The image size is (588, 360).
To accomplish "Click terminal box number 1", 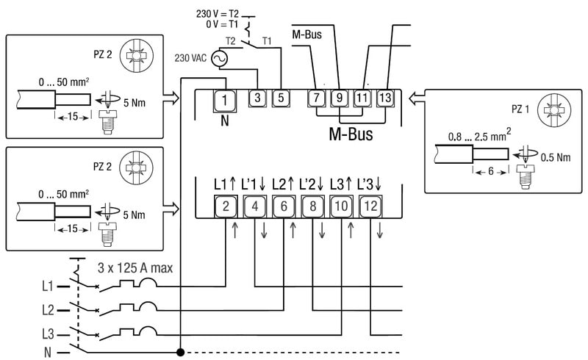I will tap(226, 99).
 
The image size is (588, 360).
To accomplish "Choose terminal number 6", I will tap(283, 207).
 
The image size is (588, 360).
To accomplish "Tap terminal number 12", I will tap(370, 207).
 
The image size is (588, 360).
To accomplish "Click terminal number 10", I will tap(341, 207).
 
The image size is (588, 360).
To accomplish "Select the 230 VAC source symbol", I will tap(219, 57).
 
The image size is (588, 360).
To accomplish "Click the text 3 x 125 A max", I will tap(135, 268).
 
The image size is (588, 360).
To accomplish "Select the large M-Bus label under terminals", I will tap(351, 134).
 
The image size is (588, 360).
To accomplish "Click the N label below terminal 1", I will tap(226, 120).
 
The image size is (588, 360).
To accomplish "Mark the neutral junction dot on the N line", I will tap(180, 352).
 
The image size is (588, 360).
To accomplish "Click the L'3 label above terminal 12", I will tap(370, 184).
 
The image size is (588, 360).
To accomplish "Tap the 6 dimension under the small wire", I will tap(490, 170).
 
